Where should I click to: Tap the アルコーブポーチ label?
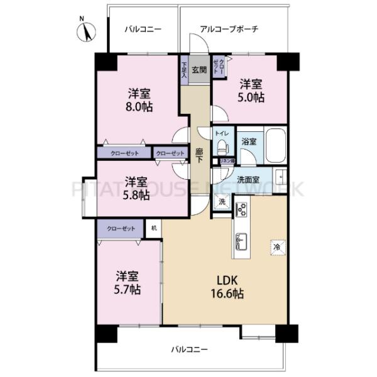click(229, 30)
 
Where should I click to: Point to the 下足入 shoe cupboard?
click(184, 70)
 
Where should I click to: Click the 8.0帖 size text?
click(138, 107)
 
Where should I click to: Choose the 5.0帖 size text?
click(251, 97)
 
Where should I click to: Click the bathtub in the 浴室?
click(276, 146)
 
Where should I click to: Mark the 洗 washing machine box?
click(221, 202)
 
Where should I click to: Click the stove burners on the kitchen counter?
click(241, 210)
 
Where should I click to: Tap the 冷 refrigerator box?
click(276, 247)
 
